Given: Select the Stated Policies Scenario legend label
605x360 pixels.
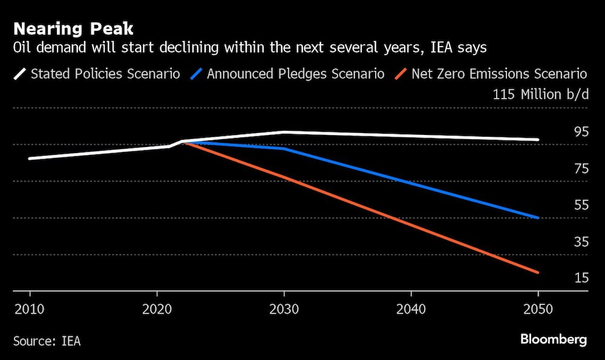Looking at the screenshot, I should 105,74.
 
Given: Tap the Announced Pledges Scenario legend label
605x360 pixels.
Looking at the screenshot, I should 296,74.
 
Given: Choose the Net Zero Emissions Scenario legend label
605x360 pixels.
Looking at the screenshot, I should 499,74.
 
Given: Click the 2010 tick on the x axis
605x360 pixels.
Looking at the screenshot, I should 29,309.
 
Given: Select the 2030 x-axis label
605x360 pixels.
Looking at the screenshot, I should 284,309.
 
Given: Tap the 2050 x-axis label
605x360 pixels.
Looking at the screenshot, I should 538,309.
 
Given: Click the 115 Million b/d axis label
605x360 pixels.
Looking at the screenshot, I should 540,94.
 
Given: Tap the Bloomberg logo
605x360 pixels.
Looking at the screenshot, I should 554,339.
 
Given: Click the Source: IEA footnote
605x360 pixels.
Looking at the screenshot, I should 47,341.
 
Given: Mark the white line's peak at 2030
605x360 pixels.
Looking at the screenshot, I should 284,132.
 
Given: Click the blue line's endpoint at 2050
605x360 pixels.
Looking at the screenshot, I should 538,218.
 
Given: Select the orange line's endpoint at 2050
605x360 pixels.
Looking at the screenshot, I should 538,273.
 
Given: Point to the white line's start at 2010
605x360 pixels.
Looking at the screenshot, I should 29,159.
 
